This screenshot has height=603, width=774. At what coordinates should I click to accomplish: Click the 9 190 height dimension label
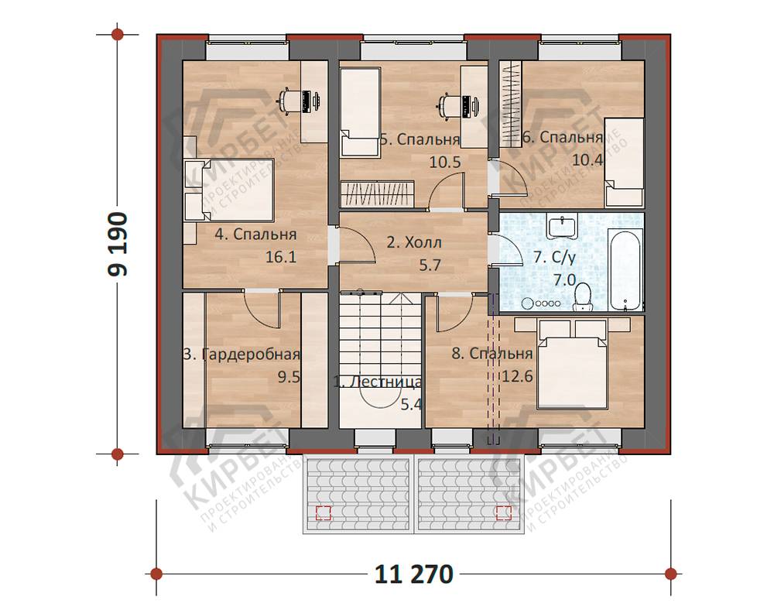118,245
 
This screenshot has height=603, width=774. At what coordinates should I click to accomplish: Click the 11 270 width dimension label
413,574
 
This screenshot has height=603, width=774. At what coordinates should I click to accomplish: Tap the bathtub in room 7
626,269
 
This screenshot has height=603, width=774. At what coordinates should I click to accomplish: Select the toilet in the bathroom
583,297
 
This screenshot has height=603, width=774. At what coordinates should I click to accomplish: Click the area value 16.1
281,257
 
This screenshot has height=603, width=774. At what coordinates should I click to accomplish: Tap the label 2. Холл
413,242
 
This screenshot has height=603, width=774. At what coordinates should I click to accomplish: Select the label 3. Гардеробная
241,355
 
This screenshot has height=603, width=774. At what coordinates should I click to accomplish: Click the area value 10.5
445,162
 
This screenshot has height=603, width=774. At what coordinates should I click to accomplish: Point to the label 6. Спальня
563,137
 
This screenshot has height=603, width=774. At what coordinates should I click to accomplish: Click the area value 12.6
517,376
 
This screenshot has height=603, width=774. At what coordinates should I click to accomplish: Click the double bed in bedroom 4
229,189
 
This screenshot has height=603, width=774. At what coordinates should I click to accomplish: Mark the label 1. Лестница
378,382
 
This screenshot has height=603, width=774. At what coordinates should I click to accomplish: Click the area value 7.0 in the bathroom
564,280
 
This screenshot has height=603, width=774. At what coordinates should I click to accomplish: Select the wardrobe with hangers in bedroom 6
510,103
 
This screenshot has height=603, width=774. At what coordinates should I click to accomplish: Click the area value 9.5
289,377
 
